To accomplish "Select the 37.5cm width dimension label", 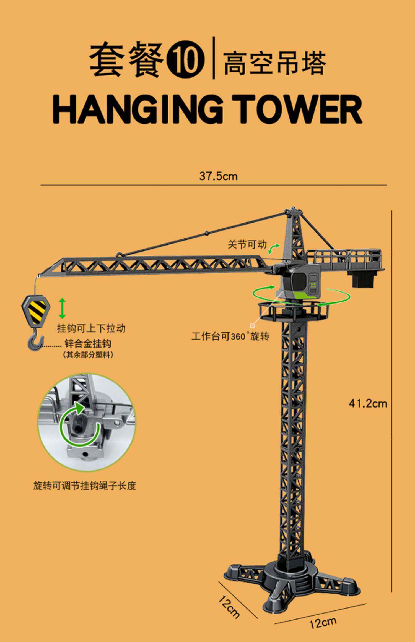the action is point(218,176).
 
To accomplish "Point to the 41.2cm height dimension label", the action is point(368,404).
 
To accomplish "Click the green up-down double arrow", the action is point(63,308).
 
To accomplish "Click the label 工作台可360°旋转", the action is point(230,336).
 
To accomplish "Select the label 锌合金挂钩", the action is point(88,343).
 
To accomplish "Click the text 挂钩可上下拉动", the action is point(91,328).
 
